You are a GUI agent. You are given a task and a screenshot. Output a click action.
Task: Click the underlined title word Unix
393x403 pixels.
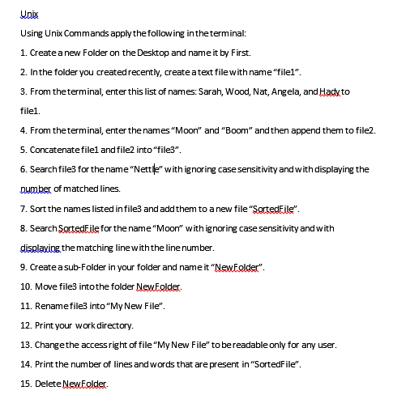click(x=28, y=15)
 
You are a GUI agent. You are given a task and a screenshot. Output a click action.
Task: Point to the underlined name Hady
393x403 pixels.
click(x=340, y=91)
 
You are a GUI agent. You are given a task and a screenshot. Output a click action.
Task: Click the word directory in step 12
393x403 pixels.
click(x=109, y=325)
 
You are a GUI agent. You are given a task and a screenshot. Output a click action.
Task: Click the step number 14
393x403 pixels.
click(x=25, y=363)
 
